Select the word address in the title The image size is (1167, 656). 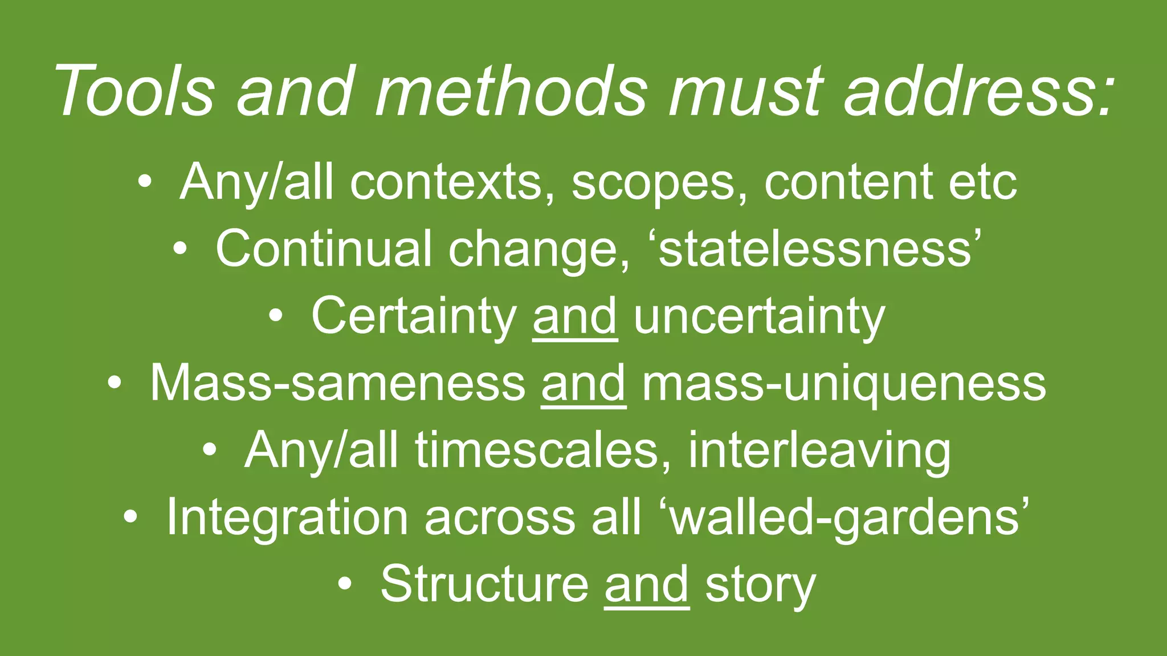pyautogui.click(x=978, y=91)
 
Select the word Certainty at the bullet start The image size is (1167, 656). pyautogui.click(x=413, y=316)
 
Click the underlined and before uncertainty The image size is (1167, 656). pyautogui.click(x=575, y=316)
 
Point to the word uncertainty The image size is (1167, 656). pyautogui.click(x=759, y=316)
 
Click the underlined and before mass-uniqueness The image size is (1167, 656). pyautogui.click(x=583, y=383)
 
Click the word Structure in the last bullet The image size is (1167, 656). pyautogui.click(x=484, y=583)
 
